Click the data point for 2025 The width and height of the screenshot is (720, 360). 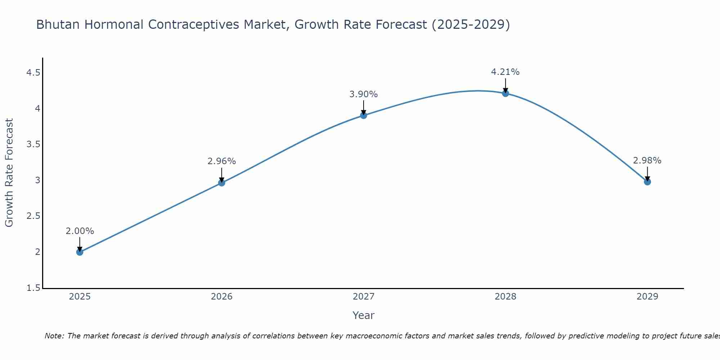pyautogui.click(x=80, y=252)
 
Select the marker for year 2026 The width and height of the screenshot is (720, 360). pyautogui.click(x=221, y=183)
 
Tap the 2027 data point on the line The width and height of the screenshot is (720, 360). pyautogui.click(x=363, y=115)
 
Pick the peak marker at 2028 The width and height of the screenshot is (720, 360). pyautogui.click(x=505, y=93)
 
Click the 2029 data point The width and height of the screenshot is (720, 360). pyautogui.click(x=647, y=181)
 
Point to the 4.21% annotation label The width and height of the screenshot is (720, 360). pyautogui.click(x=505, y=72)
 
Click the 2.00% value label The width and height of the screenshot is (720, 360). pyautogui.click(x=80, y=231)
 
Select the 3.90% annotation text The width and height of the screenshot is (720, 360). pyautogui.click(x=363, y=94)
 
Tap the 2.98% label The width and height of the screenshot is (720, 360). pyautogui.click(x=647, y=161)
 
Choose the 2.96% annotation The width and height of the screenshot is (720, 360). pyautogui.click(x=221, y=161)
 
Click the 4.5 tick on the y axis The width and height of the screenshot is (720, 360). pyautogui.click(x=33, y=73)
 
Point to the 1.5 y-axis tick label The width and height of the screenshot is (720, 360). pyautogui.click(x=33, y=288)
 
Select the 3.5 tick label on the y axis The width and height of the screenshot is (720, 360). pyautogui.click(x=33, y=145)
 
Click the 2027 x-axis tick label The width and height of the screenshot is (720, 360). pyautogui.click(x=363, y=297)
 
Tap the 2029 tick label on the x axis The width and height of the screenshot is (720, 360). pyautogui.click(x=647, y=297)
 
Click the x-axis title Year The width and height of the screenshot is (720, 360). pyautogui.click(x=363, y=315)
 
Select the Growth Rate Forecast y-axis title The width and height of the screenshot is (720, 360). pyautogui.click(x=9, y=173)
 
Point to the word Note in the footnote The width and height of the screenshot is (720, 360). pyautogui.click(x=54, y=336)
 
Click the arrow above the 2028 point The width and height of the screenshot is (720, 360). pyautogui.click(x=505, y=86)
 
